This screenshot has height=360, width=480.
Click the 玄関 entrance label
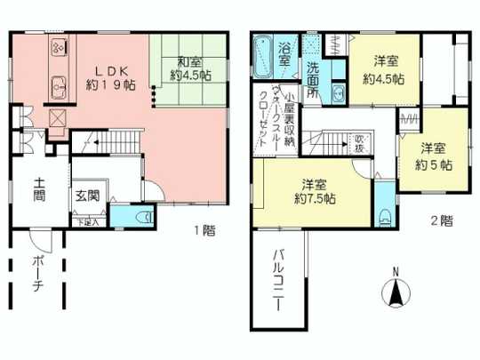87,196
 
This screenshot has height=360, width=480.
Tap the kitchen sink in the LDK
59,88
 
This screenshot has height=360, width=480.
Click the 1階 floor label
204,229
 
